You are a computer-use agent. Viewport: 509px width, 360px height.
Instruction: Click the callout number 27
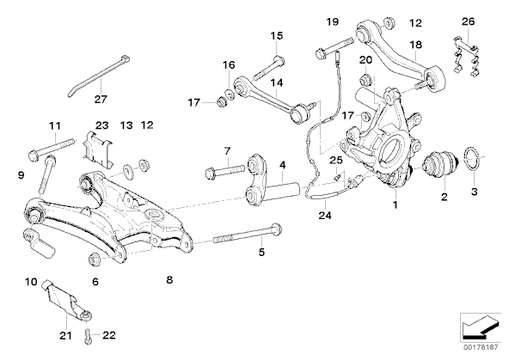[x=101, y=99]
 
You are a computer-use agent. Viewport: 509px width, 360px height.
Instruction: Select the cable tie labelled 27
[x=99, y=76]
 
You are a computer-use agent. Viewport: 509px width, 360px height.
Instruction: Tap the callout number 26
[x=468, y=21]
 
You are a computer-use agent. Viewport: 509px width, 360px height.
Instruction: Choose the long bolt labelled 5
[x=247, y=235]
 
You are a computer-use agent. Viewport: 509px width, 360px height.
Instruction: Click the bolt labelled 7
[x=224, y=170]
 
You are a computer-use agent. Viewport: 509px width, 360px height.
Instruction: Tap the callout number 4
[x=283, y=165]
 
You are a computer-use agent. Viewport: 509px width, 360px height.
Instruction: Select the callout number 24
[x=325, y=215]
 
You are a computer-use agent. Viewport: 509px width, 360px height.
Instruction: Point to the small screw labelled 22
[x=88, y=335]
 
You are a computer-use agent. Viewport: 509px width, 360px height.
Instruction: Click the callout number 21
[x=65, y=335]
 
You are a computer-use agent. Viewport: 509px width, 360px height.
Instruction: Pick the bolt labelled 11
[x=52, y=148]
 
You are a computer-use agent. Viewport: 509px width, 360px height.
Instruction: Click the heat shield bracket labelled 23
[x=97, y=149]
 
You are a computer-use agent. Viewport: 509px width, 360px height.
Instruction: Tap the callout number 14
[x=277, y=83]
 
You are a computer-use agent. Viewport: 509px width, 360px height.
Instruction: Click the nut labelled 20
[x=365, y=80]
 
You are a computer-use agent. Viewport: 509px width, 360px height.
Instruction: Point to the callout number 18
[x=416, y=44]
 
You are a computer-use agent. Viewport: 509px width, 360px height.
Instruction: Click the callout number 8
[x=169, y=279]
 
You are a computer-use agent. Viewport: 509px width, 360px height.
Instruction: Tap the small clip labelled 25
[x=337, y=176]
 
